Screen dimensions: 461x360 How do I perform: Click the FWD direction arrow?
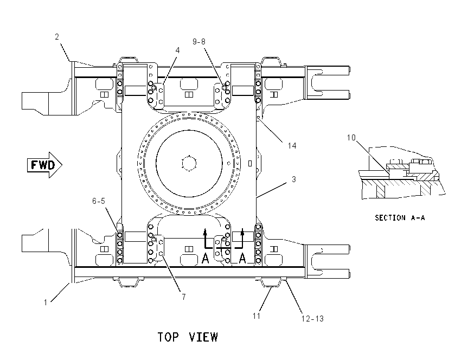point(44,165)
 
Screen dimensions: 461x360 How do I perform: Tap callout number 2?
point(57,37)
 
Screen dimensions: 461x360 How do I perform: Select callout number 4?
point(177,50)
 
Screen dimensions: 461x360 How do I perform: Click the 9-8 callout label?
point(199,42)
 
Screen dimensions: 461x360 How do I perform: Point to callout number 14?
point(292,145)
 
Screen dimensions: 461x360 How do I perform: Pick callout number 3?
point(294,179)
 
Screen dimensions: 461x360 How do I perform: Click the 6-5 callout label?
point(99,201)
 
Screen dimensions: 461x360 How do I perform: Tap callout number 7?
point(184,297)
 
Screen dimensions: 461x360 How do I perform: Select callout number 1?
point(46,303)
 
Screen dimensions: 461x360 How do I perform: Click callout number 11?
point(257,316)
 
